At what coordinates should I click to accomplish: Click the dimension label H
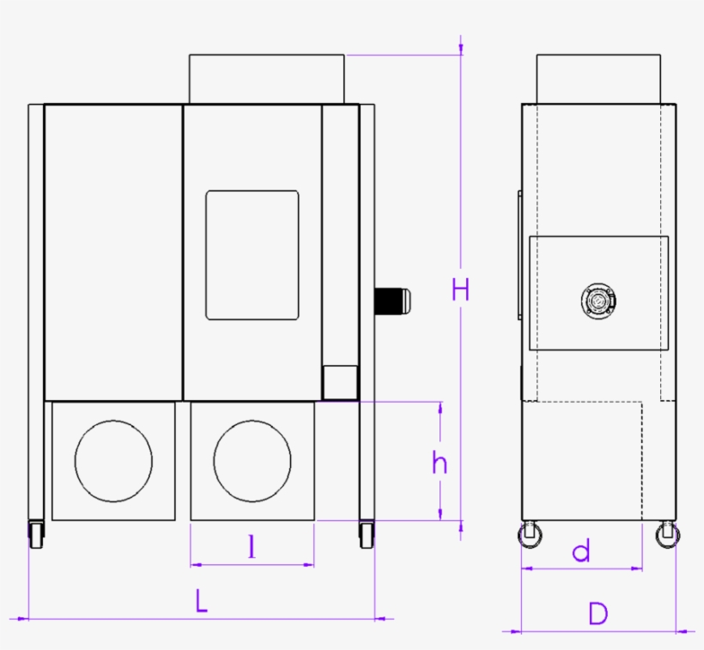461,290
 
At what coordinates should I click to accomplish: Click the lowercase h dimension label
440,463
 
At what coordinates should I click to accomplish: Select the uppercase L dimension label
201,600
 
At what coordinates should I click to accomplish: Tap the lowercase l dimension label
252,547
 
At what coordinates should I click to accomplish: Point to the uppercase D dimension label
598,613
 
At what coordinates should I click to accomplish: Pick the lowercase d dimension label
582,551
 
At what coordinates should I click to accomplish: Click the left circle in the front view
113,461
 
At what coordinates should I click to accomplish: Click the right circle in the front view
252,461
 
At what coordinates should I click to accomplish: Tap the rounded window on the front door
252,255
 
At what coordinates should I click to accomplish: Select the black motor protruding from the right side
392,300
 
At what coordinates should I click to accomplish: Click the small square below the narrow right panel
340,380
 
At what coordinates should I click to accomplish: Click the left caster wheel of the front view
36,536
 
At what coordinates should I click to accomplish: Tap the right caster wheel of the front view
367,536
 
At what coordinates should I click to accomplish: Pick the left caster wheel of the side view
531,536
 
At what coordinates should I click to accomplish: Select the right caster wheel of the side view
667,536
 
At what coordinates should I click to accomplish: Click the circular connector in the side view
598,301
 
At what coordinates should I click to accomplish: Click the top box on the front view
267,79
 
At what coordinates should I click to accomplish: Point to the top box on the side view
598,79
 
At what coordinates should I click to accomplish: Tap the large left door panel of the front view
113,252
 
